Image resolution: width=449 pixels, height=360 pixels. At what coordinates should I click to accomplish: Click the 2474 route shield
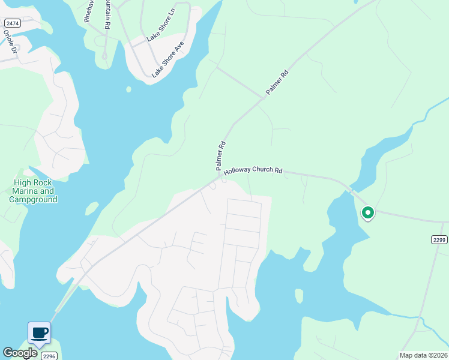[x=11, y=23]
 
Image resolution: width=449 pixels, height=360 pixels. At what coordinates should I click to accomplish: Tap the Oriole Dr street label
[x=8, y=42]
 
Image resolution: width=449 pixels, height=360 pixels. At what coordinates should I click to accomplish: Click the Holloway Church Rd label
[x=253, y=171]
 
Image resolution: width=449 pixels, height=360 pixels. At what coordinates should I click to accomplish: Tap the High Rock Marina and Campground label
[x=35, y=191]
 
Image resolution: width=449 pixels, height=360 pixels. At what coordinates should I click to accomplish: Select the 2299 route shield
[x=439, y=239]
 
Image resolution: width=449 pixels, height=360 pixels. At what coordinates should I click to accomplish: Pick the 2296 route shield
[x=48, y=355]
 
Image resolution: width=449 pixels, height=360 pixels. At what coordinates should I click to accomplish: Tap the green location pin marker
[x=367, y=212]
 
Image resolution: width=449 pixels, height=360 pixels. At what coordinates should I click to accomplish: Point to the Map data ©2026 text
[x=423, y=355]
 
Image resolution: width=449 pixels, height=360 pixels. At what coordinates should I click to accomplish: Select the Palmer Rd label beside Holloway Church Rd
[x=220, y=154]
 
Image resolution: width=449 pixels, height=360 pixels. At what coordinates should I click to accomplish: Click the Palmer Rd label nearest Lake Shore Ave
[x=277, y=83]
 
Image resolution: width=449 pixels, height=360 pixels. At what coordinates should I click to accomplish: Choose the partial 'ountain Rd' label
[x=107, y=15]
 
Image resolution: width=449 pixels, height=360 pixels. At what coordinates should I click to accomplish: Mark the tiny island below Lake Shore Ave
[x=128, y=89]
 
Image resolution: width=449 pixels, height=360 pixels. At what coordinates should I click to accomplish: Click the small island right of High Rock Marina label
[x=91, y=208]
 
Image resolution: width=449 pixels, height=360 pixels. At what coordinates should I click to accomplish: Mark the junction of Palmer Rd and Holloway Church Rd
[x=220, y=176]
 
